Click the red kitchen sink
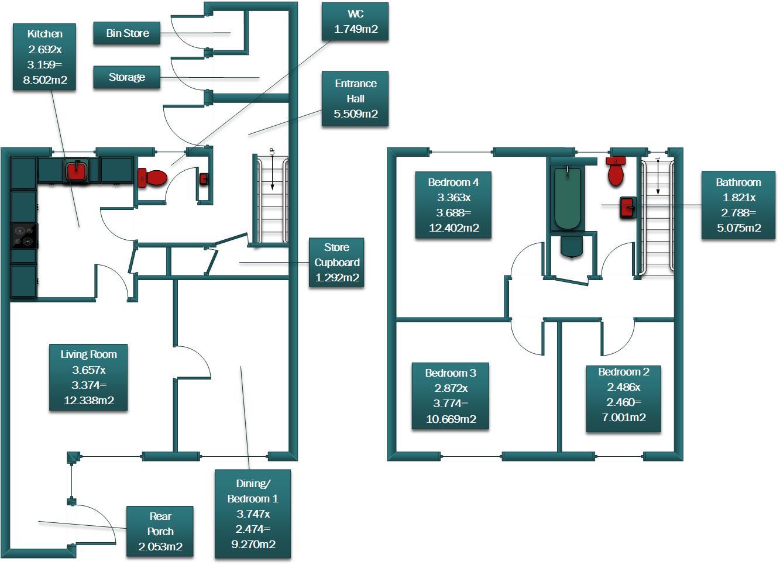[x=76, y=171]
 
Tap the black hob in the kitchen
[x=24, y=236]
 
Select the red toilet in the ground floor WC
[x=153, y=177]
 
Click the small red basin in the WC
[x=204, y=179]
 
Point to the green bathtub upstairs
[x=567, y=198]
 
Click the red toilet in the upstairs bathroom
[x=616, y=171]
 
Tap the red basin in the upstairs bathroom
[x=627, y=208]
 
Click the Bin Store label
[x=127, y=33]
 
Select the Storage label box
[x=126, y=77]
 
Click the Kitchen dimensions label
[x=44, y=57]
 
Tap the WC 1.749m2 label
[x=355, y=22]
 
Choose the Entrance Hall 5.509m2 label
[x=355, y=99]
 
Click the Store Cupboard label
[x=336, y=263]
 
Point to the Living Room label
[x=88, y=377]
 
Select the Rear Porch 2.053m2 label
[x=160, y=532]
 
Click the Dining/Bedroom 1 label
[x=252, y=514]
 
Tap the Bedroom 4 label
[x=453, y=205]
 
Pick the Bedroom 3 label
[x=450, y=396]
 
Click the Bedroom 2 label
[x=623, y=395]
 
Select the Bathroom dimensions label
[x=738, y=205]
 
